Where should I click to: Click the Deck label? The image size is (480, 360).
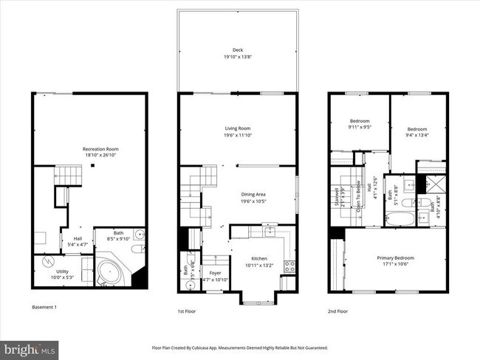click(238, 50)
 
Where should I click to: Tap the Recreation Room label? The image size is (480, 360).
click(100, 150)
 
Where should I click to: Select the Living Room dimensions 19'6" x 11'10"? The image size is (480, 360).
click(238, 136)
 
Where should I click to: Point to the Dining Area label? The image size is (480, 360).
click(253, 195)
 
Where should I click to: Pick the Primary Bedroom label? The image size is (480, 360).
click(395, 257)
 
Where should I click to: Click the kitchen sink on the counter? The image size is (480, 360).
click(270, 230)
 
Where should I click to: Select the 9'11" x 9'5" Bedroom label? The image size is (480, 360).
click(359, 121)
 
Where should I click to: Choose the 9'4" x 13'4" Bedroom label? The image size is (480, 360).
click(417, 129)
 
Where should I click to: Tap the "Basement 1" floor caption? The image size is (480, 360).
click(44, 307)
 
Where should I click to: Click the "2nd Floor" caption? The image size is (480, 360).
click(337, 311)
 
